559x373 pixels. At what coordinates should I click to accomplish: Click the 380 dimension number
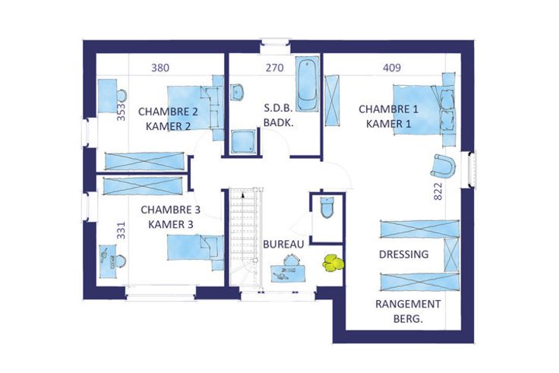tap(160, 68)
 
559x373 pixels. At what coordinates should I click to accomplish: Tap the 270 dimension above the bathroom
tap(274, 68)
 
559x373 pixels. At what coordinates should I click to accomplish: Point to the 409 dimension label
tap(392, 68)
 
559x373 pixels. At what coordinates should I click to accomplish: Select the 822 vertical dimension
tap(438, 191)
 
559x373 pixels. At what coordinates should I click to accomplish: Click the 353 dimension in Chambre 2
tap(122, 112)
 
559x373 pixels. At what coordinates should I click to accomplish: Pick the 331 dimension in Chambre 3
tap(122, 230)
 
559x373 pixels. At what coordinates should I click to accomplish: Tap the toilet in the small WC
tap(327, 207)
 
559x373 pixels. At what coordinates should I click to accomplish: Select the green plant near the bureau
tap(333, 263)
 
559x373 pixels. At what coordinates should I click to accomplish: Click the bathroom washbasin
tap(236, 92)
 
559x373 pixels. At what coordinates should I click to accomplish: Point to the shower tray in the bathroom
tap(243, 141)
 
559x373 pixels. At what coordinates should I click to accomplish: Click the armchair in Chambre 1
tap(444, 166)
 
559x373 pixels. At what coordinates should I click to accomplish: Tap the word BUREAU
tap(283, 245)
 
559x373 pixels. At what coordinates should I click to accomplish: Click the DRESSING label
tap(403, 254)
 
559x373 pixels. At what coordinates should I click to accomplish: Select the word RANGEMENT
tap(408, 304)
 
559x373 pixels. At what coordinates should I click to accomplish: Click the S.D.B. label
tap(278, 109)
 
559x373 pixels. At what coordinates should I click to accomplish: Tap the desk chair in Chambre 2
tap(122, 96)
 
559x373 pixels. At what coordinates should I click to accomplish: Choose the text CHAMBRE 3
tap(170, 210)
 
